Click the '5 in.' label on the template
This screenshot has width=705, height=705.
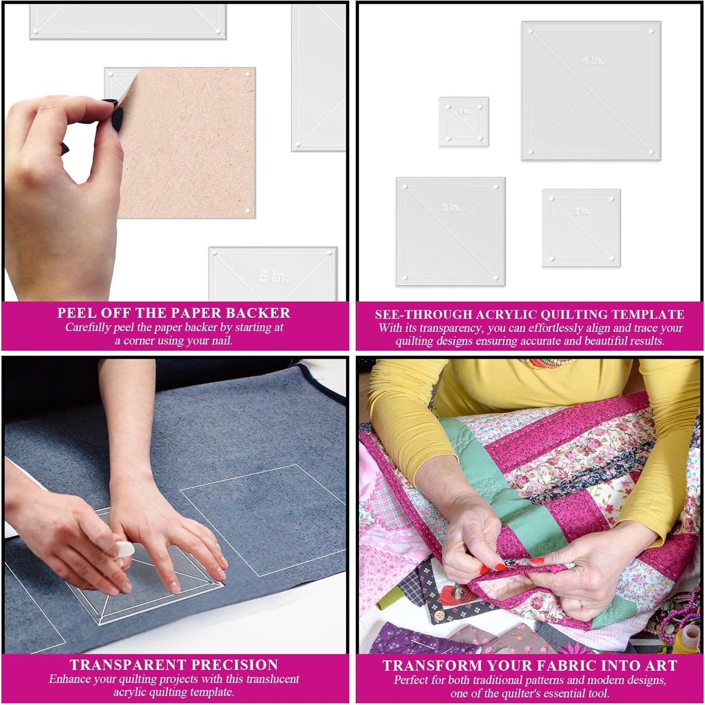274,277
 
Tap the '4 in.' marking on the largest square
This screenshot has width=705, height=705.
592,60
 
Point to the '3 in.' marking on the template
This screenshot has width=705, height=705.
451,207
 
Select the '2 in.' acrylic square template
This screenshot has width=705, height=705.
582,228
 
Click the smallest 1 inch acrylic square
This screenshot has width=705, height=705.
464,122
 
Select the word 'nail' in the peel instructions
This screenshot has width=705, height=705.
222,341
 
